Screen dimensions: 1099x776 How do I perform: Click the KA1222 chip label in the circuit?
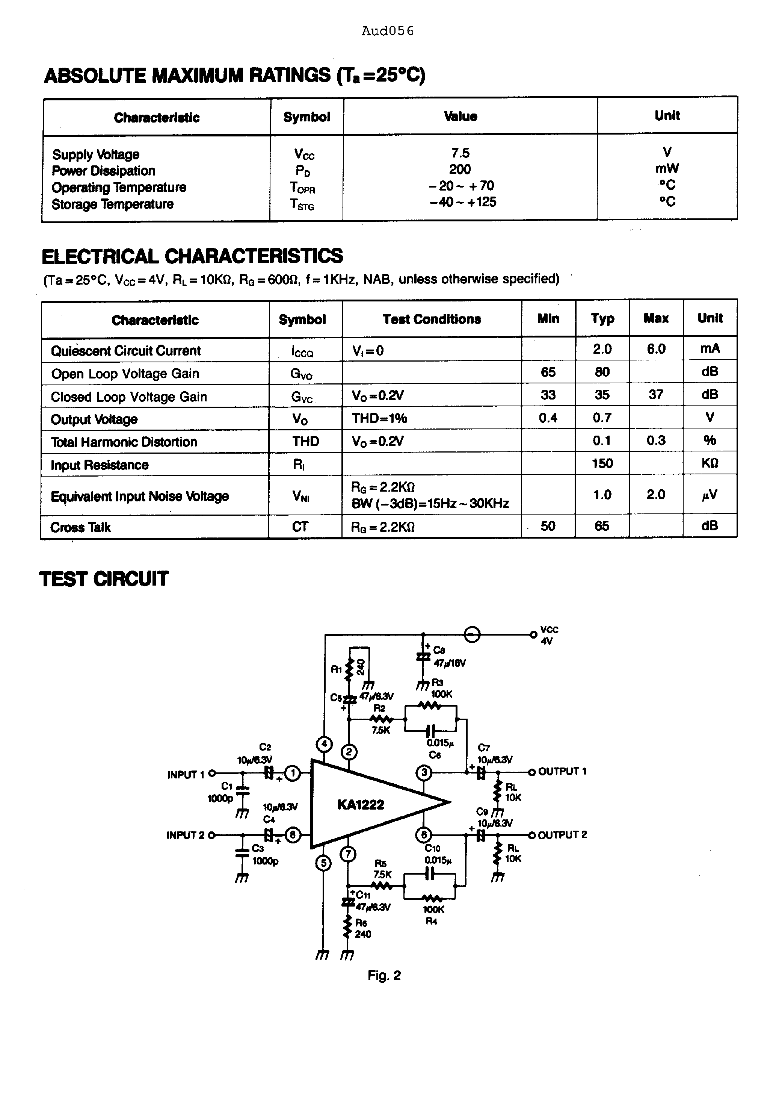click(360, 805)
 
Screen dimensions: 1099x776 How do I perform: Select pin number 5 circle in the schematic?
click(323, 863)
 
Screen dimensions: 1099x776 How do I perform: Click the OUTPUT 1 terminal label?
click(562, 772)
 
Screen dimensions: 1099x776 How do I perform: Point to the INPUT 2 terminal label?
click(185, 835)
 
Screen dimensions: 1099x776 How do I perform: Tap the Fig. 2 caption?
click(384, 975)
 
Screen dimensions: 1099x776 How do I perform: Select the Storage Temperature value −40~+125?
click(463, 202)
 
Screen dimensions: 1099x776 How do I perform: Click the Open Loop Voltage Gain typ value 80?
click(602, 372)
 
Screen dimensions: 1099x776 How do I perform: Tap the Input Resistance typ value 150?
click(602, 463)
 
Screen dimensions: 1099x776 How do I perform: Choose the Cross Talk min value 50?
click(548, 526)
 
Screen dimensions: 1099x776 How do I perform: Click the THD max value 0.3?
click(656, 441)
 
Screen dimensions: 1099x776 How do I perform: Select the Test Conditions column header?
click(432, 319)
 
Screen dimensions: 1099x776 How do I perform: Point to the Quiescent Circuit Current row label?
click(126, 351)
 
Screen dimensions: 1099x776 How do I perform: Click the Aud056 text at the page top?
click(388, 31)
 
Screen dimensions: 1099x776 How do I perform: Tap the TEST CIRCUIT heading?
click(104, 579)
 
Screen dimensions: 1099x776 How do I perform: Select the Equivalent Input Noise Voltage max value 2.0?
click(656, 495)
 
